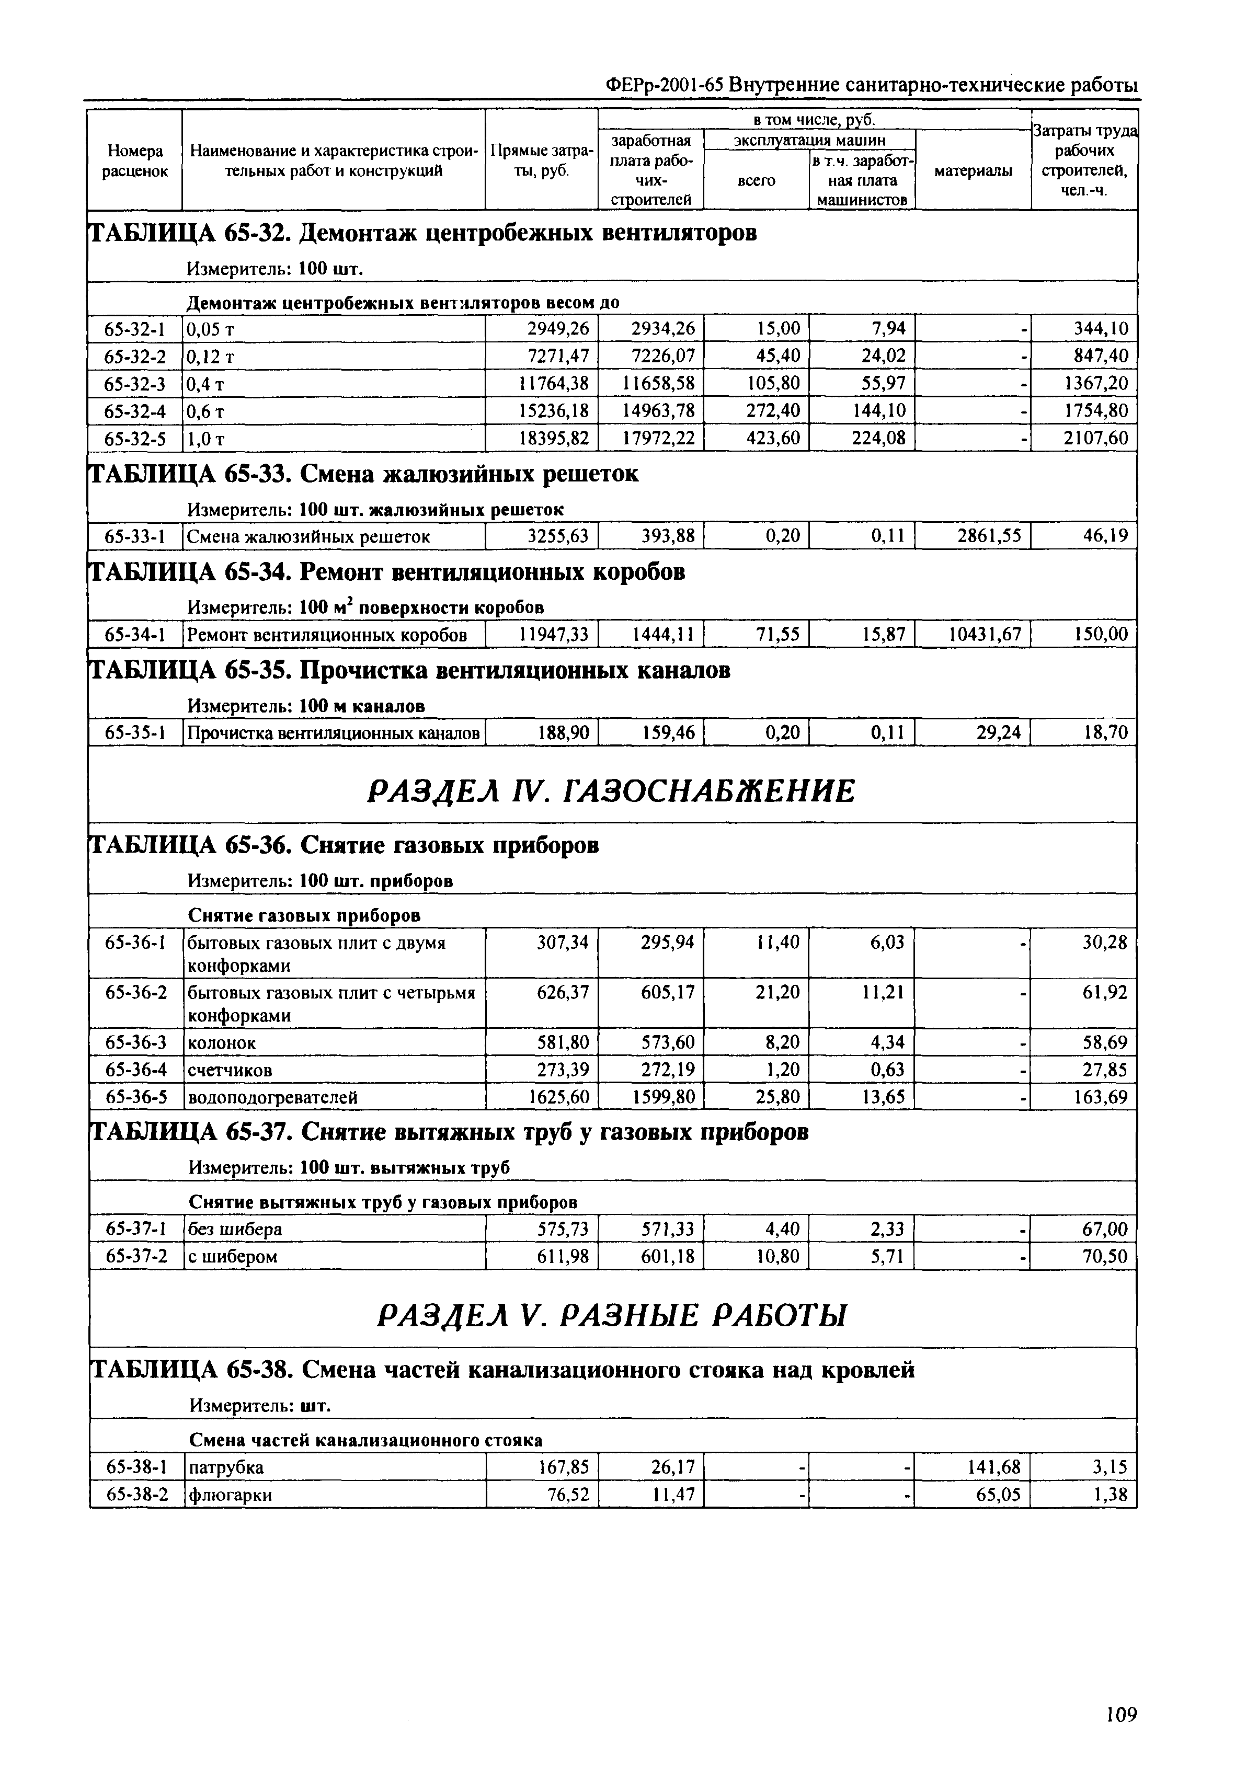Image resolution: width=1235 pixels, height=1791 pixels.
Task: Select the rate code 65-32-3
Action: pos(135,383)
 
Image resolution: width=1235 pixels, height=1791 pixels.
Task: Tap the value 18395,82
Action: pos(553,439)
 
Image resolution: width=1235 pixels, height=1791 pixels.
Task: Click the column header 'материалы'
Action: pos(973,171)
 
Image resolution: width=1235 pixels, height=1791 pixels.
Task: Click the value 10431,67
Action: pos(984,635)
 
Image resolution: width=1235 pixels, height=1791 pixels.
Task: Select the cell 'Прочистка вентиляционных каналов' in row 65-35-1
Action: pos(334,732)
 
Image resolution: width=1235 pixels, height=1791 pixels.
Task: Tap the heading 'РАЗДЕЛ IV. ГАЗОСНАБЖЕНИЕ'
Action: pos(611,791)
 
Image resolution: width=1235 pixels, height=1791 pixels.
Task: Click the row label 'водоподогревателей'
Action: pos(272,1097)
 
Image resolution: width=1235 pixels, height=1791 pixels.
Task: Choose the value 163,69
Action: pos(1100,1097)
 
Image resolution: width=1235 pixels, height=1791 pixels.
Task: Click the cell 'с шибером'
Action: pos(232,1256)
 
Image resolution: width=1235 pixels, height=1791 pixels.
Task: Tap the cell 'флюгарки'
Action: pos(230,1495)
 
